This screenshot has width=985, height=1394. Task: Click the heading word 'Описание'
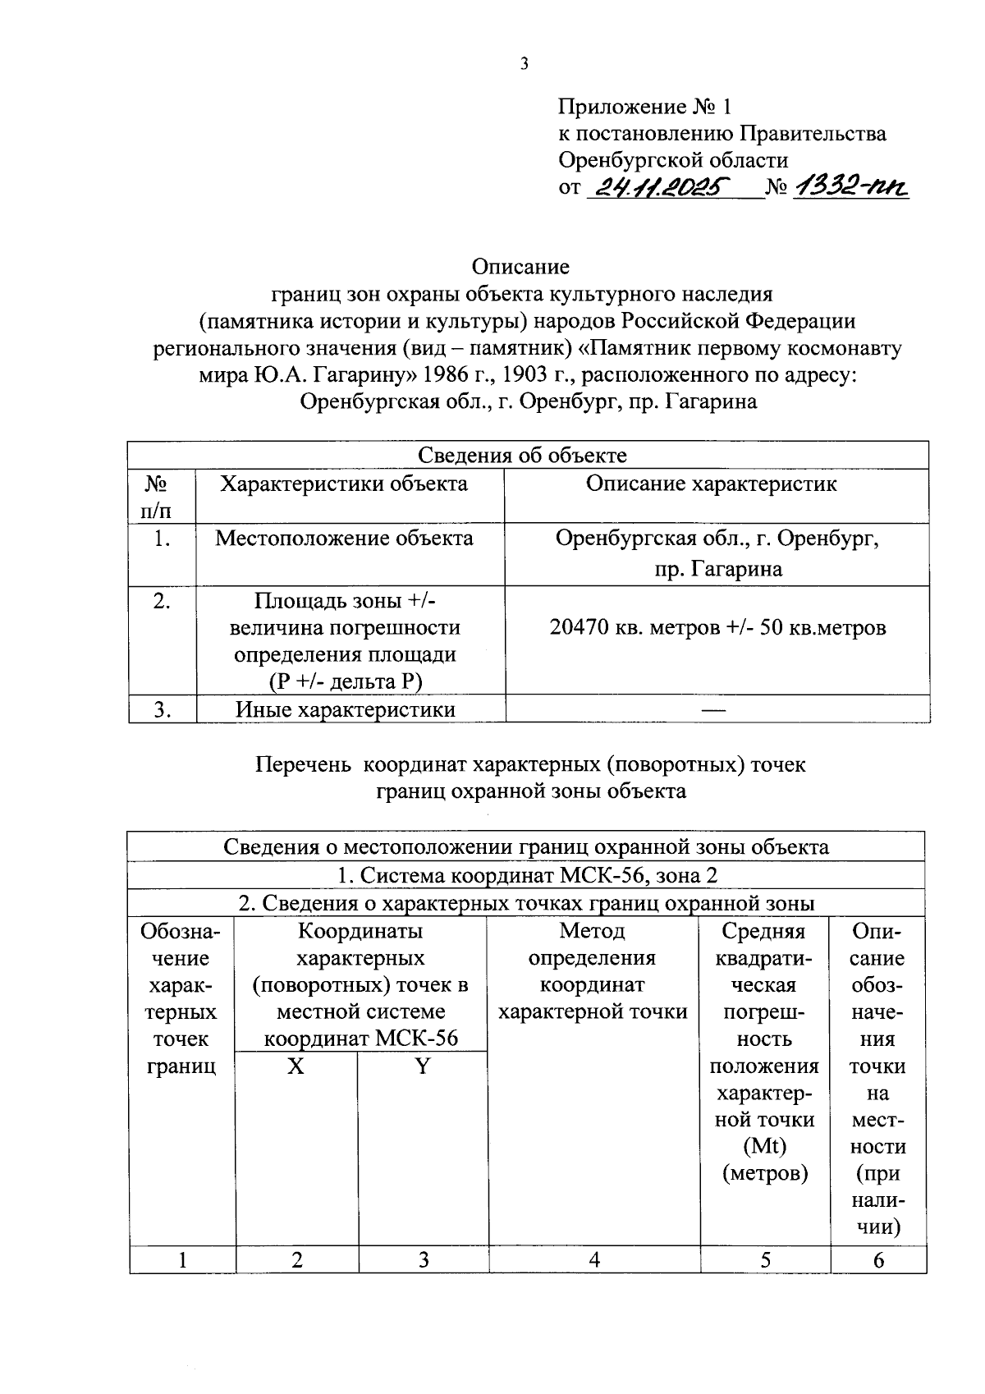tap(520, 267)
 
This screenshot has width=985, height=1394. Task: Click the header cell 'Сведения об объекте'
tap(522, 455)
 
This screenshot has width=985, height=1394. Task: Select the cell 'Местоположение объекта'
tap(344, 539)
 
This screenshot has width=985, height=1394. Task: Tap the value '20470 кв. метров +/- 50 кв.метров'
tap(717, 628)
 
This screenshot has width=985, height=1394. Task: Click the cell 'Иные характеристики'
tap(345, 709)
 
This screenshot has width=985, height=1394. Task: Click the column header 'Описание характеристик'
tap(711, 484)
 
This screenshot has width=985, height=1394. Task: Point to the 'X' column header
tap(295, 1066)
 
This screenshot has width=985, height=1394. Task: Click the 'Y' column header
tap(423, 1066)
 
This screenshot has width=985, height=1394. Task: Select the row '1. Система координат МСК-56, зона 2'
tap(526, 875)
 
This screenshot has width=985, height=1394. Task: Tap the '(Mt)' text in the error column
tap(764, 1147)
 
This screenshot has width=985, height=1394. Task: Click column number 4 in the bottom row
tap(593, 1259)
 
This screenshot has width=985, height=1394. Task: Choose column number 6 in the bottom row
tap(878, 1259)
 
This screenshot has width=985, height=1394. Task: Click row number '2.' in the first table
tap(162, 601)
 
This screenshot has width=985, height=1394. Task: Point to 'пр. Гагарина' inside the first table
tap(718, 569)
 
